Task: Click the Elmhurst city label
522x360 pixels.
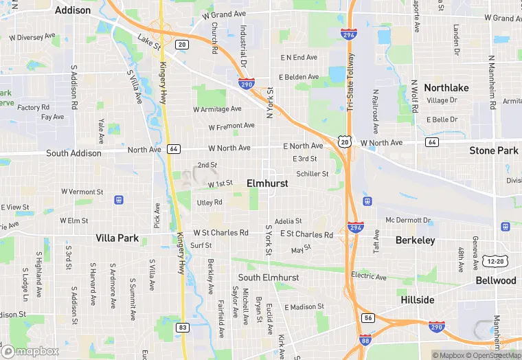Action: point(267,184)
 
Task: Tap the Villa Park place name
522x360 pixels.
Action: point(117,238)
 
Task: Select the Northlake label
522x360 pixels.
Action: point(446,88)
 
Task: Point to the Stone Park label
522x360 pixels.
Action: point(493,150)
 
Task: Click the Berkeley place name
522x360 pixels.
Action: point(416,240)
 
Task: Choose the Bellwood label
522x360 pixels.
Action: point(496,281)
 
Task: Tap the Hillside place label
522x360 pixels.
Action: point(418,300)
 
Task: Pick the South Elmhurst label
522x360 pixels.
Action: point(269,278)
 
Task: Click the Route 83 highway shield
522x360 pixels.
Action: point(182,328)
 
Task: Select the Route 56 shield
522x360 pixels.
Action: point(368,317)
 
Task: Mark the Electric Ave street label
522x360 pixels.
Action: point(369,276)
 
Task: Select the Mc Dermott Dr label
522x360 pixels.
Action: point(408,221)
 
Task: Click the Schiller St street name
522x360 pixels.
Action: point(312,174)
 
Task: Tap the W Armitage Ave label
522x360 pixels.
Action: point(217,109)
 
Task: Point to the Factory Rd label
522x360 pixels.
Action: point(34,107)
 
